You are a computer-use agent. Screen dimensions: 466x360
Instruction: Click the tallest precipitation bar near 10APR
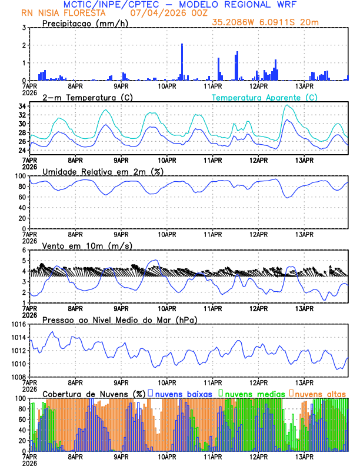[x=182, y=62]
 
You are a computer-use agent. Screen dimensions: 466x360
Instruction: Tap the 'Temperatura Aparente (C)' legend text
[x=264, y=97]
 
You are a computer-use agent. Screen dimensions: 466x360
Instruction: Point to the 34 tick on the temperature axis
[x=21, y=106]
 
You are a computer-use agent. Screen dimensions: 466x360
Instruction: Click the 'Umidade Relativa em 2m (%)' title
[x=102, y=171]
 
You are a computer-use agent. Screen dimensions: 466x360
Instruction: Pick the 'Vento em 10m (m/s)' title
[x=87, y=245]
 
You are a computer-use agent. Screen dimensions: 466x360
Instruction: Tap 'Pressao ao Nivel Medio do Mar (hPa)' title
[x=119, y=319]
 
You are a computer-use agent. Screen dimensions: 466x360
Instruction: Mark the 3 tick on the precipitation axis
[x=23, y=28]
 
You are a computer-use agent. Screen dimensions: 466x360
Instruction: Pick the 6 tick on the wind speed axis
[x=23, y=250]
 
